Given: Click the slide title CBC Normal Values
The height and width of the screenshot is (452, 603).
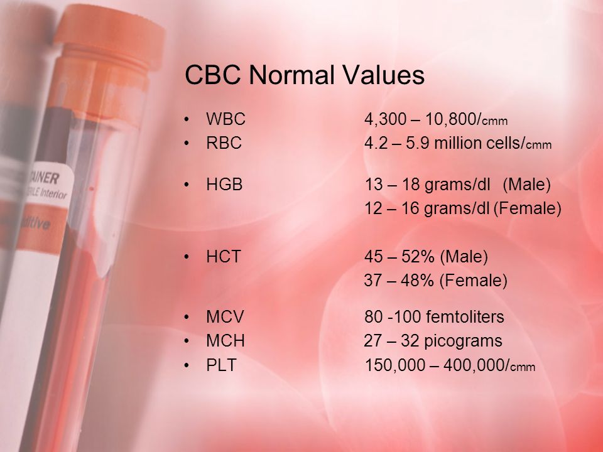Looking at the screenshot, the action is [305, 75].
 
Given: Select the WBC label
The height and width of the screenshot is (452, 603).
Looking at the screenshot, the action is [225, 119].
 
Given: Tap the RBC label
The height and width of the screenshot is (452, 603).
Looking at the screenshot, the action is [224, 143].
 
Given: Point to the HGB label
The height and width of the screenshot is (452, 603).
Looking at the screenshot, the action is [225, 185].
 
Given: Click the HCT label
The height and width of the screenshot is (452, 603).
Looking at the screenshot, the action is [224, 256].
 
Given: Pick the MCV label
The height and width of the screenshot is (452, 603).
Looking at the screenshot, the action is [225, 316].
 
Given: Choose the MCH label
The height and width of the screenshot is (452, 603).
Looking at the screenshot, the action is [225, 340].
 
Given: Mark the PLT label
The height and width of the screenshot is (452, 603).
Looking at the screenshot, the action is [221, 365].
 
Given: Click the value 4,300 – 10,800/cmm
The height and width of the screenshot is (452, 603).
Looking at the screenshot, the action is [436, 119].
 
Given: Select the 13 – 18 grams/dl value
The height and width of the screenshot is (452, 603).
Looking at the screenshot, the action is [427, 185].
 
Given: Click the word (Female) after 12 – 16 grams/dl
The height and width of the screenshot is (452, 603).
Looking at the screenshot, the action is [527, 208].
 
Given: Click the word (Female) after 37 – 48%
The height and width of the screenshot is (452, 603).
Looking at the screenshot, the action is [474, 281].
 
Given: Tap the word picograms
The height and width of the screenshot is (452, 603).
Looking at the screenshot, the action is [463, 342].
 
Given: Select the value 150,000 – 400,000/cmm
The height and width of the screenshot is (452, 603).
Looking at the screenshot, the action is [450, 365].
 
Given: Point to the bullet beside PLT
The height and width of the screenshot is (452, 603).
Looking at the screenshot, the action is [187, 365].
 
